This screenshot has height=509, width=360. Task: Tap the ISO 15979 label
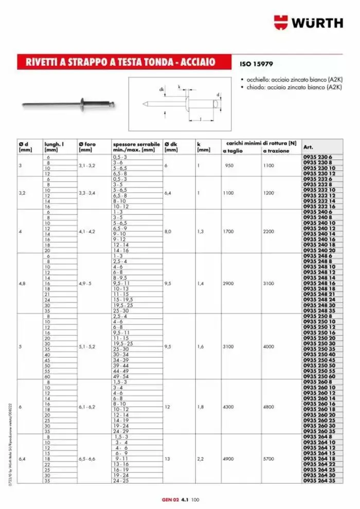click(256, 65)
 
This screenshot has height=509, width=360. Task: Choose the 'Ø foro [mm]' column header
click(87, 147)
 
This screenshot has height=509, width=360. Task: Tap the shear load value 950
click(229, 166)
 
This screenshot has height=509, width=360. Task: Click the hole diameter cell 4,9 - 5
click(86, 282)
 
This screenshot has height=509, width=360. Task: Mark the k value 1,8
click(201, 407)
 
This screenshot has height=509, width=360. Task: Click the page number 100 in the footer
click(195, 499)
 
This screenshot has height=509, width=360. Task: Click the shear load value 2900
click(229, 282)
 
